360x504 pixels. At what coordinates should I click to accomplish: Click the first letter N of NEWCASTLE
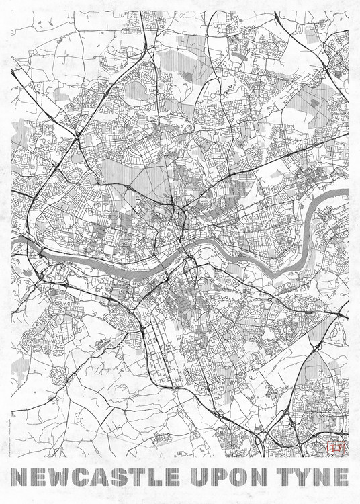point(21,476)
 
